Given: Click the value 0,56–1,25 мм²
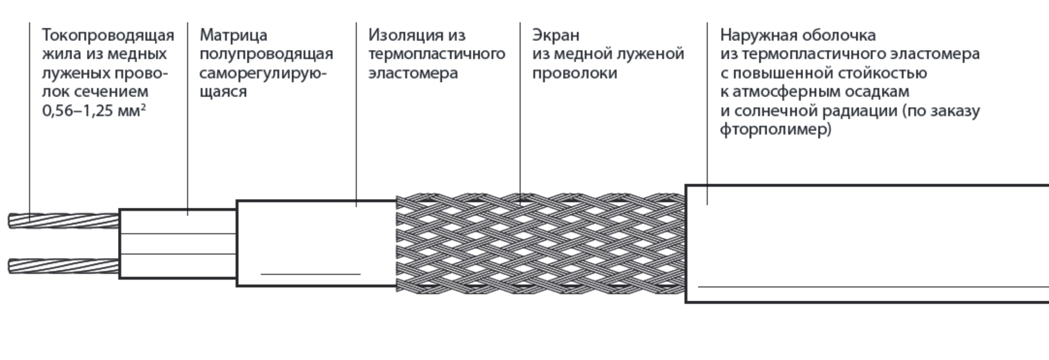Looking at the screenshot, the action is pos(94,111).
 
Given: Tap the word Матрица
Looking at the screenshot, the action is pos(233,36).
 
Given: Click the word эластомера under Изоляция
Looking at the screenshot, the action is pos(413,73).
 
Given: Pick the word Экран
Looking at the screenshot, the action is pos(556,36).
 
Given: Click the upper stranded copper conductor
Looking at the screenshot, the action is pos(64,221).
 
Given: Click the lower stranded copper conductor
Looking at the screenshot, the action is pos(64,267).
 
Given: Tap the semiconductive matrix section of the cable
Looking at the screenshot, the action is pos(178,244).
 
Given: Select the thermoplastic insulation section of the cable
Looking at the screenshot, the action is pos(317,243).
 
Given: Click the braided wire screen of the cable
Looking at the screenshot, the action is pos(541,243).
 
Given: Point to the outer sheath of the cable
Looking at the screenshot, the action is pos(867,244).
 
